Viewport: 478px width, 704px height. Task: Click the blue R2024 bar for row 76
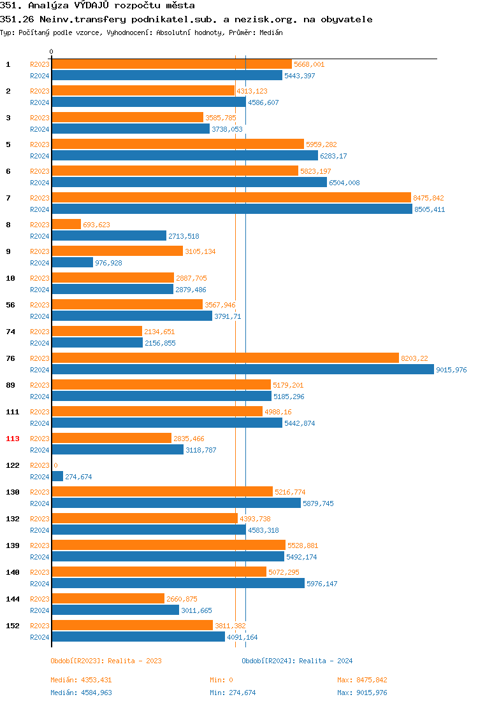coord(242,370)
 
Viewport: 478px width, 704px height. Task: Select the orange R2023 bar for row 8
coord(66,225)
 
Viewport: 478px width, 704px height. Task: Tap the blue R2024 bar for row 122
coord(57,477)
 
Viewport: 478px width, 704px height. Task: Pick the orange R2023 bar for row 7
coord(231,198)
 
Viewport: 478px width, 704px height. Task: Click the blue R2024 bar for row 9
coord(72,263)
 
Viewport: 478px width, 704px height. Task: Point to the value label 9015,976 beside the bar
coord(451,370)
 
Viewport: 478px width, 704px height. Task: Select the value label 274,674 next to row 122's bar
coord(79,477)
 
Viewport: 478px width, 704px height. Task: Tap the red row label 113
coord(13,439)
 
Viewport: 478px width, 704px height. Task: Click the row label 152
coord(13,626)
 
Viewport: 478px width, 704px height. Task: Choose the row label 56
coord(11,305)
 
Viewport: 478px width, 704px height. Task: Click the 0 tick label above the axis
coord(52,52)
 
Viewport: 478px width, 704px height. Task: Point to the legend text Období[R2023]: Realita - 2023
coord(106,661)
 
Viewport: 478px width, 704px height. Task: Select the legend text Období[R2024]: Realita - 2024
coord(297,661)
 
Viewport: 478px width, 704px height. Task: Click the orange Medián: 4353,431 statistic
coord(81,680)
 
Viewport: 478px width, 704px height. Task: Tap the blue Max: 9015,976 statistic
coord(362,693)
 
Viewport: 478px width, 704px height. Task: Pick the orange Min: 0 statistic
coord(221,680)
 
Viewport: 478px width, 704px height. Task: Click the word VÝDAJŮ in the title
coord(97,6)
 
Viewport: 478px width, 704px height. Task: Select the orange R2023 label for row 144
coord(40,599)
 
